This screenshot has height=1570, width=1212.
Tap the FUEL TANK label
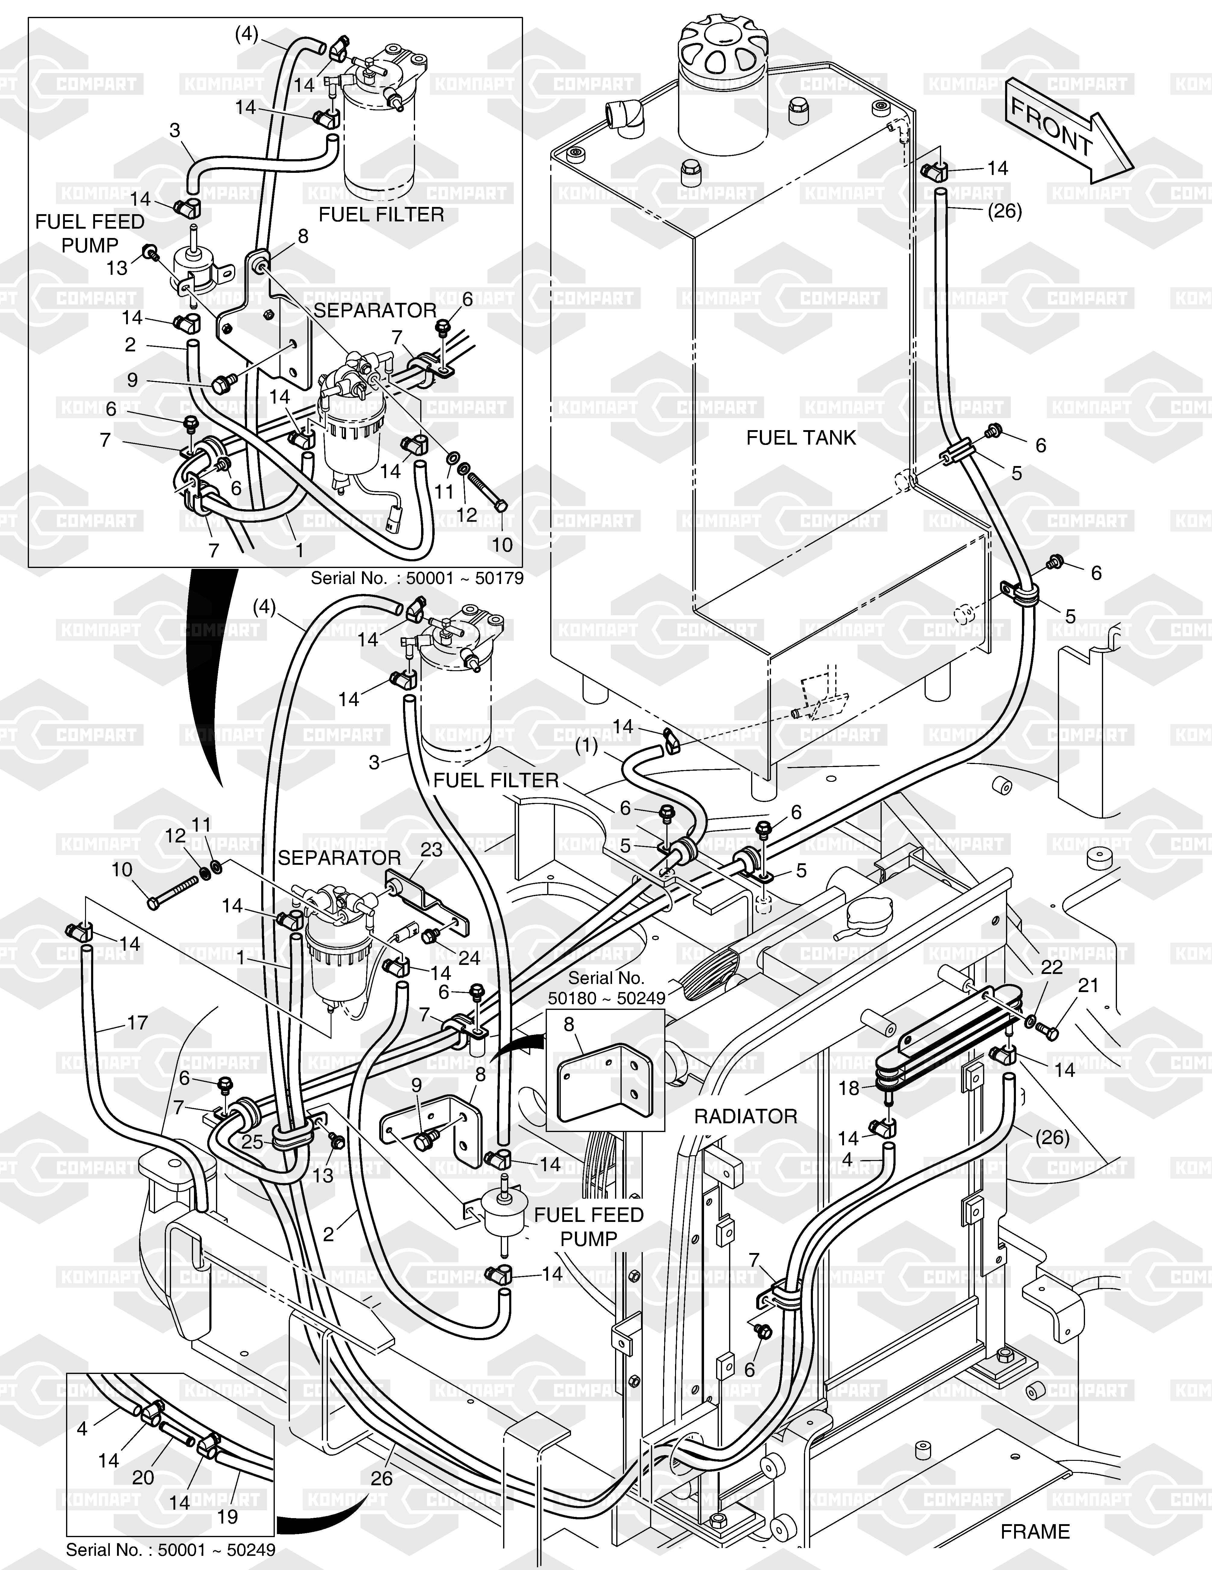click(x=801, y=438)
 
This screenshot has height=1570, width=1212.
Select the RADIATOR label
click(x=745, y=1116)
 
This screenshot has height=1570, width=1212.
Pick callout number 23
click(x=431, y=850)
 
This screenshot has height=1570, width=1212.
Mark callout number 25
click(x=252, y=1142)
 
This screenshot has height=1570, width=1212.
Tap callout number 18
click(x=849, y=1088)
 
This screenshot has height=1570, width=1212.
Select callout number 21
click(x=1088, y=985)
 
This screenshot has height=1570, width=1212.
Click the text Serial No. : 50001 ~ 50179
click(x=417, y=578)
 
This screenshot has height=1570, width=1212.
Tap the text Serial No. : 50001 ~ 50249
click(x=170, y=1550)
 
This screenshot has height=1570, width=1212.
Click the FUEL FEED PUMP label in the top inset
click(x=90, y=234)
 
